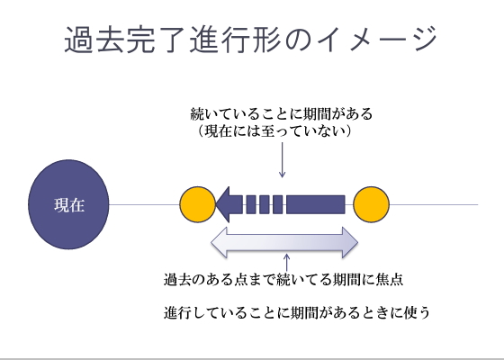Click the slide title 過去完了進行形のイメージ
pos(251,40)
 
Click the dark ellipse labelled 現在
pos(68,204)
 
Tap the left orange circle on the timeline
pos(197,204)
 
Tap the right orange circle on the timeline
pos(370,204)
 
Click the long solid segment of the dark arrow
pos(315,204)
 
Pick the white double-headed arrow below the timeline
pos(283,242)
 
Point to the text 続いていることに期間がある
pos(282,115)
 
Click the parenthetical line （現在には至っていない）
pos(274,132)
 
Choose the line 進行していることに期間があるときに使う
pos(298,313)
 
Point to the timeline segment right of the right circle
pos(432,204)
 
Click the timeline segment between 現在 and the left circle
pos(144,204)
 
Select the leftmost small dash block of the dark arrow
pos(251,204)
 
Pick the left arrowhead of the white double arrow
pos(219,242)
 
